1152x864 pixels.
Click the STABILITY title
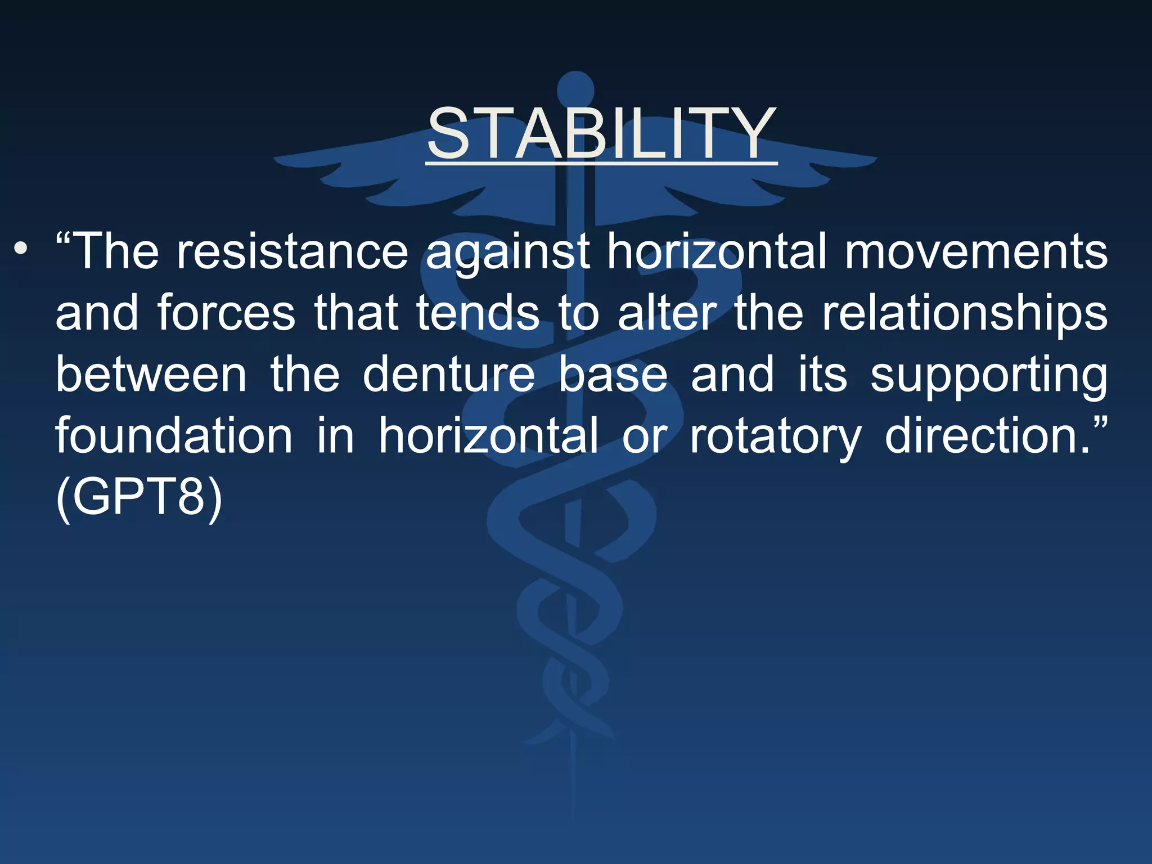(x=601, y=134)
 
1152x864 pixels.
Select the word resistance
(x=292, y=251)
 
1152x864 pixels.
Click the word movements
(x=976, y=251)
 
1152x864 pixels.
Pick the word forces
(x=226, y=313)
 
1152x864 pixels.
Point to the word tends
(x=478, y=313)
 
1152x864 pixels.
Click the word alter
(x=667, y=313)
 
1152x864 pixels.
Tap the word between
(x=151, y=375)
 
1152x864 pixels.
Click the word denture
(x=448, y=375)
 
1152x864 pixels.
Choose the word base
(x=613, y=375)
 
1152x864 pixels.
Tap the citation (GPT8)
(x=139, y=497)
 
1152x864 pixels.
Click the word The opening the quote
(x=115, y=251)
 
